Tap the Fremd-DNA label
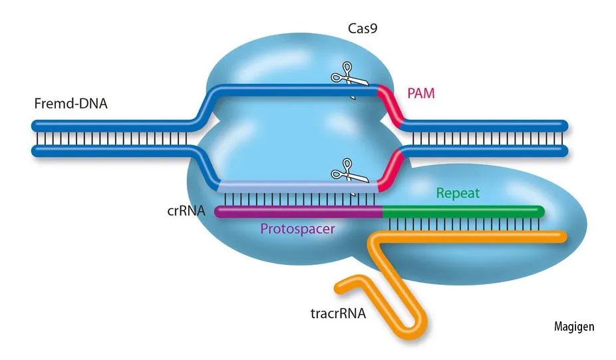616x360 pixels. (70, 104)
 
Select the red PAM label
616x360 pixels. (420, 93)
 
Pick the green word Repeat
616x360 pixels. (458, 194)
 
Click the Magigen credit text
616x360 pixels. (574, 327)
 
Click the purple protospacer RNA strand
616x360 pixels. (299, 212)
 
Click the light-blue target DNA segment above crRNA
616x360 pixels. (293, 187)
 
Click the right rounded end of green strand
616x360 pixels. (540, 212)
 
